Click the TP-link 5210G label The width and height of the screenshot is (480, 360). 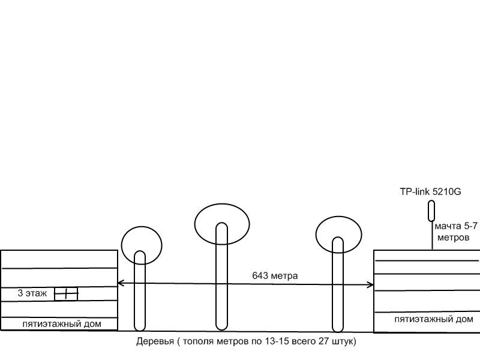(431, 193)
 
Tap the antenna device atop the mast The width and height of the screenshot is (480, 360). (431, 211)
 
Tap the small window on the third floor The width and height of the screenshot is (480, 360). (66, 294)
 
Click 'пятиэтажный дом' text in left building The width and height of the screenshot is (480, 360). (61, 324)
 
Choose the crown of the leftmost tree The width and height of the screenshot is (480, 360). (142, 244)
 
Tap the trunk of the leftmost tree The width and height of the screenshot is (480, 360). (140, 294)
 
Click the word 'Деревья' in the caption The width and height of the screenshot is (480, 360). (155, 342)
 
